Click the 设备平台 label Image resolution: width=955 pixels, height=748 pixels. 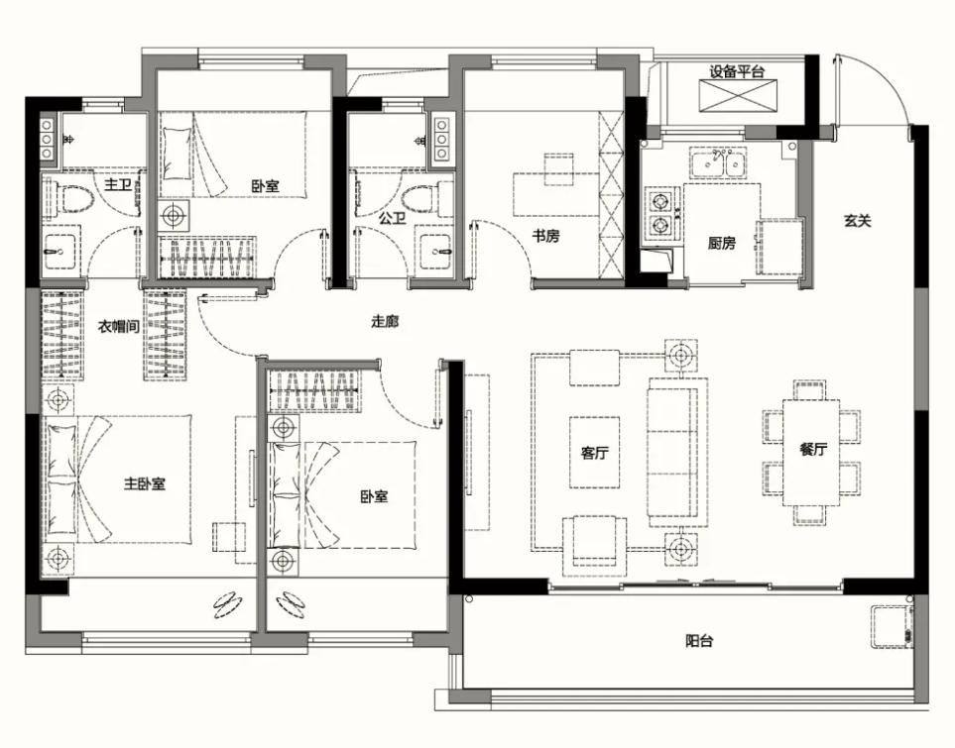(737, 71)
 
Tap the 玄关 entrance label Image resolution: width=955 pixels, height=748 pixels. (857, 220)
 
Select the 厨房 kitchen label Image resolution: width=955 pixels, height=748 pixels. (722, 244)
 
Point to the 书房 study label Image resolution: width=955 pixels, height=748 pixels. (545, 236)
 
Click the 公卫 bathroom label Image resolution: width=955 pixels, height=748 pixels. (392, 218)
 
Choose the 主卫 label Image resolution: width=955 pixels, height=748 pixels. (118, 184)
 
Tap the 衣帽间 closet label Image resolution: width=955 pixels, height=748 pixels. (119, 327)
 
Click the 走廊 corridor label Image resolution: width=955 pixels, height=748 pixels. (385, 321)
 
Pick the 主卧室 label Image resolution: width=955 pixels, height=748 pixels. (145, 483)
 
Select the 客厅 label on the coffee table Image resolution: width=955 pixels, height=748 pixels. (594, 453)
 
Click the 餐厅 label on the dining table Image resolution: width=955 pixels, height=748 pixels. (813, 450)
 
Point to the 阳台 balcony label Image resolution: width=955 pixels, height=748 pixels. (699, 640)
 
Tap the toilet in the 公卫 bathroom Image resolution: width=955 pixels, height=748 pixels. (420, 198)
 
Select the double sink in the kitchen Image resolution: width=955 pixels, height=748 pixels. (719, 162)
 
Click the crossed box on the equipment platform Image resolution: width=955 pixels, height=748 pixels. (738, 96)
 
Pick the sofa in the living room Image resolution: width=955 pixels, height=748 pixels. (677, 452)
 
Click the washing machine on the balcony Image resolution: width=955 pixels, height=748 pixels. (893, 627)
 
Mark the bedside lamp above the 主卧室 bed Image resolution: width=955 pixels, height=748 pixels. (59, 400)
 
